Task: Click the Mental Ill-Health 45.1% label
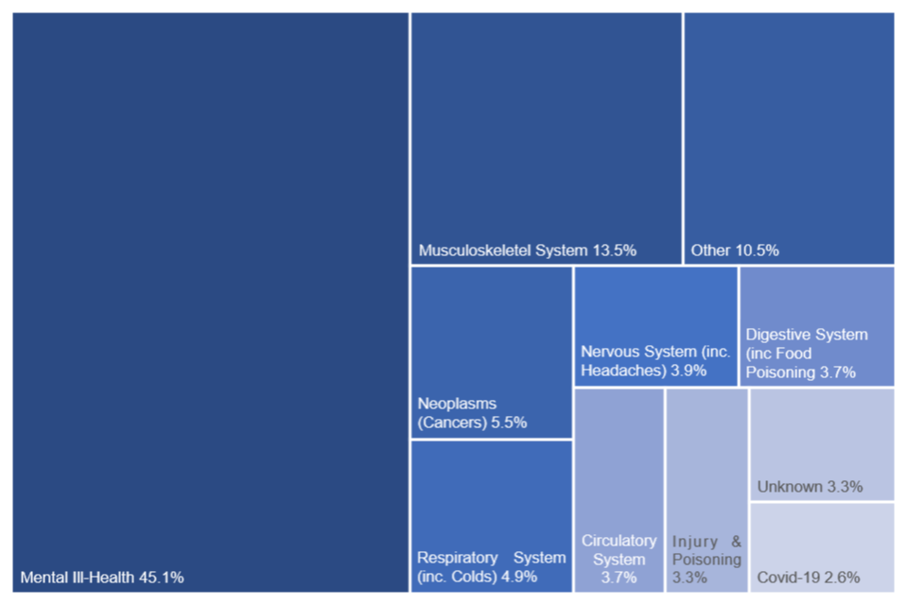(102, 577)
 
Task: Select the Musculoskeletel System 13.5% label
(527, 251)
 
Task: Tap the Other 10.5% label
(735, 251)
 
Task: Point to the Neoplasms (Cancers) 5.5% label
(472, 413)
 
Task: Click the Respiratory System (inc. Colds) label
(491, 567)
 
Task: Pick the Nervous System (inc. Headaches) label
(655, 361)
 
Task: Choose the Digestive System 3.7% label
(806, 354)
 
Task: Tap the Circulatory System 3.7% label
(619, 559)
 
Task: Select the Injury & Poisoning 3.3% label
(707, 559)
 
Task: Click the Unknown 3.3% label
(810, 487)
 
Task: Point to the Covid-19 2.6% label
(809, 578)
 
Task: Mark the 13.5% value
(614, 251)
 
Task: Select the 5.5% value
(509, 423)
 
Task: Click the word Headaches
(623, 371)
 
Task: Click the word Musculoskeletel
(475, 251)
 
